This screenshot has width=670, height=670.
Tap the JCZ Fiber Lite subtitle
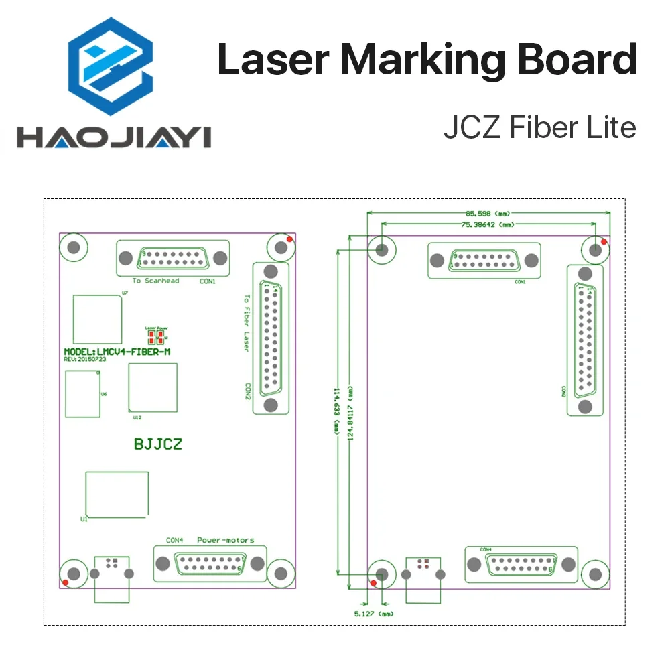click(539, 127)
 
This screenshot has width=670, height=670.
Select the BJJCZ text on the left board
click(158, 444)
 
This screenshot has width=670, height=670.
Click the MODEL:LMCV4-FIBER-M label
click(121, 352)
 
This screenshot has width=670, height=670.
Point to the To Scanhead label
click(155, 281)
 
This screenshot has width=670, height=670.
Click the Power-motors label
click(225, 540)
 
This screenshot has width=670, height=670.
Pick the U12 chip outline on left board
click(153, 387)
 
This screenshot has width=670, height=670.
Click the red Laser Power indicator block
click(156, 336)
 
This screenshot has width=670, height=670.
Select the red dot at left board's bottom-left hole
click(64, 582)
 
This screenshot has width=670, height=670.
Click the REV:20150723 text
click(85, 360)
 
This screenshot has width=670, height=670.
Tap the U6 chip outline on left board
click(81, 393)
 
